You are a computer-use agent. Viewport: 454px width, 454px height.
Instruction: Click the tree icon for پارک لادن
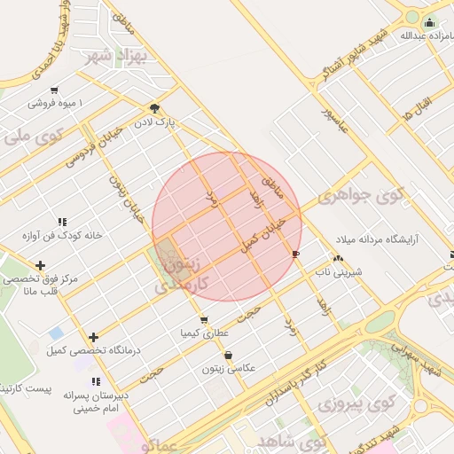[155, 107]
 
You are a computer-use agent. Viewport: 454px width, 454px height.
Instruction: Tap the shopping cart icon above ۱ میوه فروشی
[55, 90]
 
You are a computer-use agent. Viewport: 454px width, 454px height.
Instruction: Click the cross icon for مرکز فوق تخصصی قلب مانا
[40, 264]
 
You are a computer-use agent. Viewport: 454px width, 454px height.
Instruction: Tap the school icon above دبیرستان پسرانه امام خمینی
[93, 382]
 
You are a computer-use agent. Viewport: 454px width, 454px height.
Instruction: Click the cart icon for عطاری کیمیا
[205, 319]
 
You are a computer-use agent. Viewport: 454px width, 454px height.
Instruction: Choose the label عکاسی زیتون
[229, 367]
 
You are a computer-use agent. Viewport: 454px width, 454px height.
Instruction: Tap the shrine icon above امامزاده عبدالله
[430, 23]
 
